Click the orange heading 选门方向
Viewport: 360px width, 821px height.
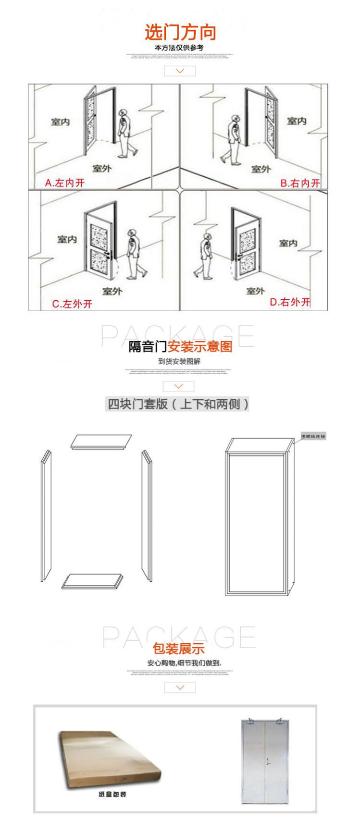(x=180, y=33)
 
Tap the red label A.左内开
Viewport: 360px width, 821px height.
(x=64, y=183)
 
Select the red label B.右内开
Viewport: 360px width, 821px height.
(x=300, y=183)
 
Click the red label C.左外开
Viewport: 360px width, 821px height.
(x=72, y=304)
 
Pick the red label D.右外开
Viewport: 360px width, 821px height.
(x=290, y=302)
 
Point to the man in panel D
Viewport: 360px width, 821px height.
(x=206, y=257)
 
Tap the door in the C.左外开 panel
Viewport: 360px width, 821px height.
(x=100, y=245)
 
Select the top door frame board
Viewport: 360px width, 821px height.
(x=101, y=442)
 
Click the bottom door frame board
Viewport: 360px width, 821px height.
(x=92, y=581)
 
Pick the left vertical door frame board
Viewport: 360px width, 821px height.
(x=46, y=516)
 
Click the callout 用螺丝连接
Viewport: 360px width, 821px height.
(x=313, y=436)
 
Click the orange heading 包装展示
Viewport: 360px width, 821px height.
(x=179, y=649)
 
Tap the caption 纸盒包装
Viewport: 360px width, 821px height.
(x=112, y=795)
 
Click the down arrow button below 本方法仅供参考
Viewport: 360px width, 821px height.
(x=180, y=71)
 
